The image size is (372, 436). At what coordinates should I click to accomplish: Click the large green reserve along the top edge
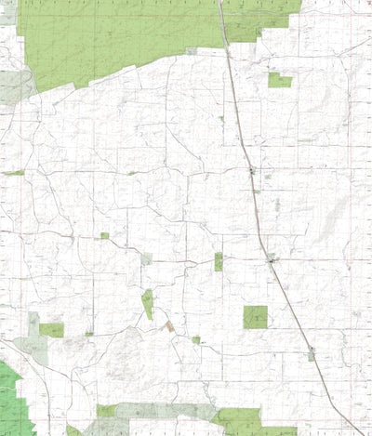[x=121, y=37]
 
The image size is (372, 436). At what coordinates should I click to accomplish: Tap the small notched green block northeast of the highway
[x=279, y=81]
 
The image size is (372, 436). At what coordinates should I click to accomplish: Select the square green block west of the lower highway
[x=255, y=317]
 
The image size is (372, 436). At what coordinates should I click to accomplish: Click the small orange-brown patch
[x=169, y=326]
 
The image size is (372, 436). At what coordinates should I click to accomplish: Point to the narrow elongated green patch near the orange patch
[x=147, y=303]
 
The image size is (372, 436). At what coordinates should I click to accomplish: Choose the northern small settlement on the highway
[x=251, y=171]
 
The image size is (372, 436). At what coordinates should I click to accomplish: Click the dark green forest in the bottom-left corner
[x=11, y=400]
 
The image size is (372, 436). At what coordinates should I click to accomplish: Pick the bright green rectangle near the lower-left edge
[x=52, y=330]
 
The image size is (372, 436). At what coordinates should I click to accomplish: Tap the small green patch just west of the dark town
[x=219, y=261]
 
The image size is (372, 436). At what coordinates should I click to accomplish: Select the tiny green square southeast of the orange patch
[x=196, y=340]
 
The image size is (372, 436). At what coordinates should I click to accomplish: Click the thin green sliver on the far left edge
[x=13, y=173]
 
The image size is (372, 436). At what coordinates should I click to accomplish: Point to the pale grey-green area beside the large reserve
[x=14, y=86]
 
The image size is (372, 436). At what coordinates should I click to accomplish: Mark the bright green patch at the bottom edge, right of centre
[x=239, y=420]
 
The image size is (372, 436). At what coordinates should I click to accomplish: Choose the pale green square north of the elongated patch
[x=146, y=258]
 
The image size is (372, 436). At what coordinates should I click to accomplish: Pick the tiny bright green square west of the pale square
[x=104, y=236]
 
